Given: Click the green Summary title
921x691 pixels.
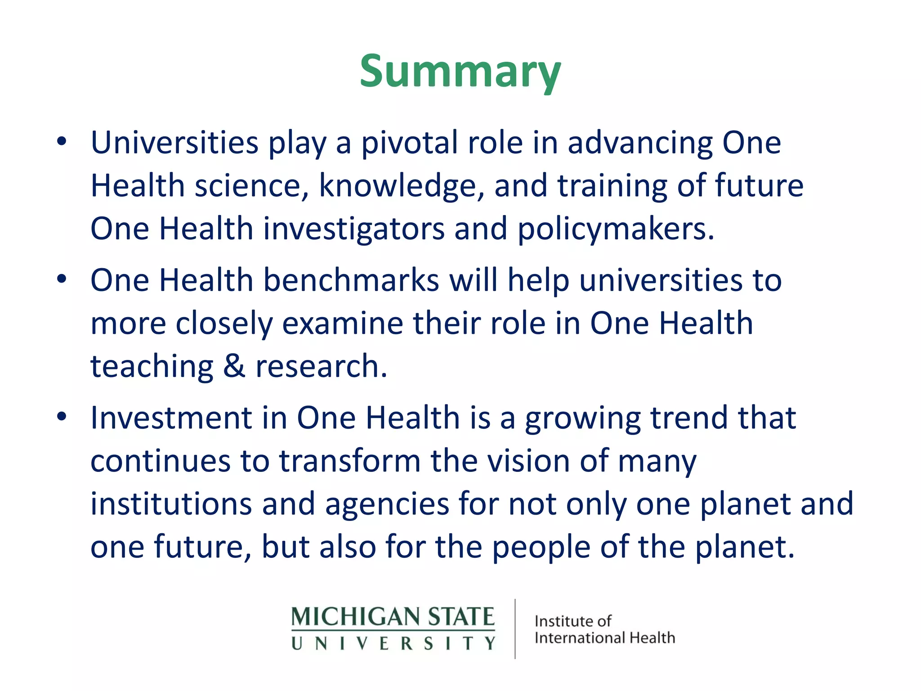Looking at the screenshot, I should (x=460, y=72).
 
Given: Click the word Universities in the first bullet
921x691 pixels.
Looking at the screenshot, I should (x=174, y=143).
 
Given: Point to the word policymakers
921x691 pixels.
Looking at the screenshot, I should (x=615, y=229).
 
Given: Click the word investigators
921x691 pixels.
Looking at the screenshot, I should (x=353, y=229).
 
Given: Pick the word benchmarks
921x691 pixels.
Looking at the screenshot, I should (x=351, y=280).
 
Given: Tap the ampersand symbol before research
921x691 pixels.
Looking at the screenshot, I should (x=234, y=366).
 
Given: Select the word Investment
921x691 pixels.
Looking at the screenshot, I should (x=171, y=418).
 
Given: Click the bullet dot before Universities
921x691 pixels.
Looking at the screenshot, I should (x=62, y=142).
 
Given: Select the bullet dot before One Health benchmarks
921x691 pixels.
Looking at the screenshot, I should (x=62, y=280).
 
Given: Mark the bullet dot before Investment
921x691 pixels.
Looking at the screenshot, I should (x=62, y=417).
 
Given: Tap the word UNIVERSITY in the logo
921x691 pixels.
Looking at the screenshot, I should (x=393, y=643).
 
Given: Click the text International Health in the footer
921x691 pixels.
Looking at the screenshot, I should (x=605, y=638).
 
